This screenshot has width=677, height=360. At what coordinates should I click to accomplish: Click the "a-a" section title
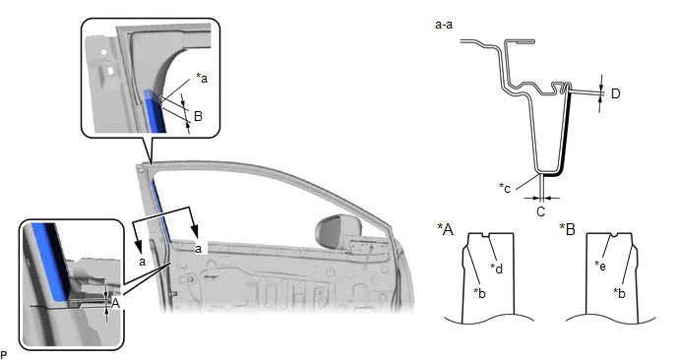point(444,25)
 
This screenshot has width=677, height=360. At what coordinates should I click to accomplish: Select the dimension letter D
point(616,93)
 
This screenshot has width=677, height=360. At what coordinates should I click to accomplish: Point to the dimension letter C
point(540,211)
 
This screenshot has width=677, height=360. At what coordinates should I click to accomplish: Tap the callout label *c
point(505,188)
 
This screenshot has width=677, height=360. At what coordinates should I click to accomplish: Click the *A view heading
point(445,229)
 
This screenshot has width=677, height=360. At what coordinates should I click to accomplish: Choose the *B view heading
point(568,229)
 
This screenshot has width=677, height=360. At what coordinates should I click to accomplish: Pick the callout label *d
point(497,269)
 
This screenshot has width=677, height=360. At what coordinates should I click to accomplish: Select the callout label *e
point(600,266)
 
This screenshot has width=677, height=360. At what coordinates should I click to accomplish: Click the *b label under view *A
point(479,293)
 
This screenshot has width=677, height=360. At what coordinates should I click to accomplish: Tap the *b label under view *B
point(620,293)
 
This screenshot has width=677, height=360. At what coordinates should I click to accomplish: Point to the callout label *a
point(202,78)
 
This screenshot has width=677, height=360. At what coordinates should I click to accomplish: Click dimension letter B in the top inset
point(198,116)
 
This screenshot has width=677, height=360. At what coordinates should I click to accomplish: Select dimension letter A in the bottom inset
point(115,304)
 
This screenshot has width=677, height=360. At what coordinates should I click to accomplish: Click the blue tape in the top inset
point(154,111)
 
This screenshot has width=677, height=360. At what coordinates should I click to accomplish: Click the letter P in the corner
point(4,355)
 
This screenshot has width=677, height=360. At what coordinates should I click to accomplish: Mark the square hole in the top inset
point(111,70)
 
